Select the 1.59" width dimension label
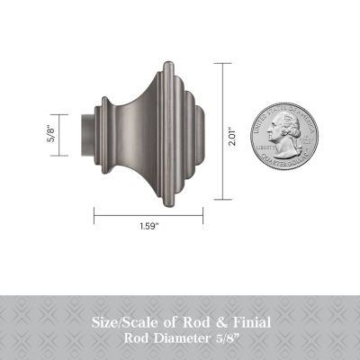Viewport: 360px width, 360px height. pyautogui.click(x=151, y=226)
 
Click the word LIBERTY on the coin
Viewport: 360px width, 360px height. pyautogui.click(x=265, y=141)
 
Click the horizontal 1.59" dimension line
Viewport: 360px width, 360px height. pyautogui.click(x=151, y=214)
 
